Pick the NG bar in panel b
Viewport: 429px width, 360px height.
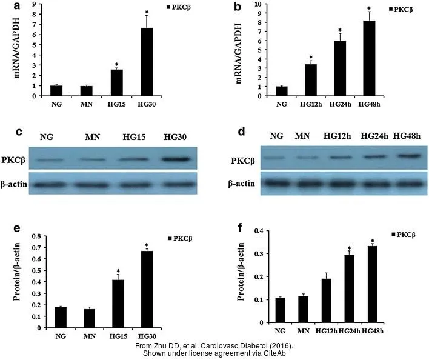click(281, 92)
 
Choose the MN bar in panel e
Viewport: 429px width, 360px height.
click(90, 318)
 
